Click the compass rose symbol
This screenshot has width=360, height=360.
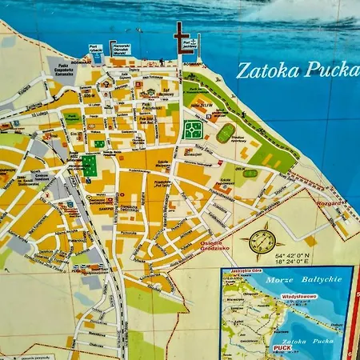click(x=262, y=240)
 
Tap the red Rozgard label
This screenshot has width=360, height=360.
click(x=328, y=202)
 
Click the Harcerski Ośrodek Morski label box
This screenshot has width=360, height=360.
click(x=121, y=49)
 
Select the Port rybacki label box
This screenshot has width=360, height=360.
click(x=95, y=48)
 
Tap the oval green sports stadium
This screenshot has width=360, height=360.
click(x=226, y=133)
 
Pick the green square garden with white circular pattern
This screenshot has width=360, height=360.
click(x=193, y=129)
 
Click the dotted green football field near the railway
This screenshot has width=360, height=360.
click(x=90, y=166)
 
